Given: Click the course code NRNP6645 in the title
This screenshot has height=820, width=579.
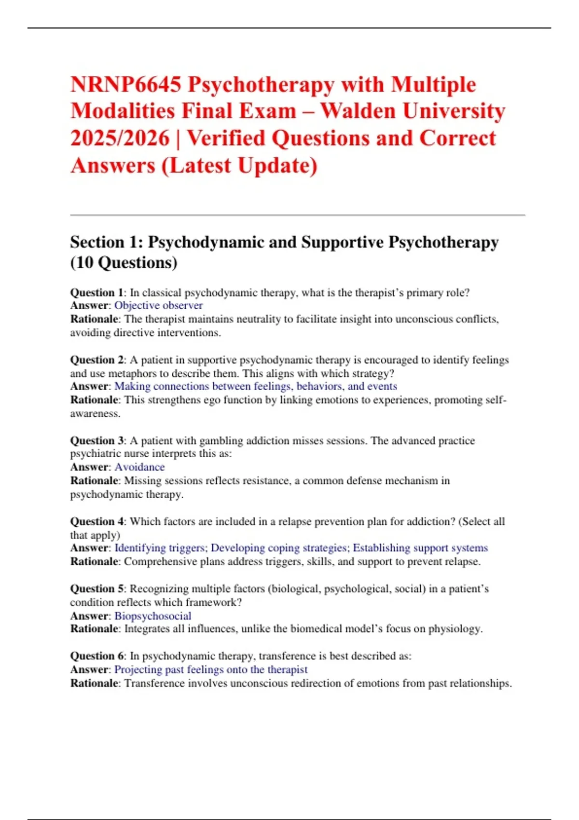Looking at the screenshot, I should coord(126,85).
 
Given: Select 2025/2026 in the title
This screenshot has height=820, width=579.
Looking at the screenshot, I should coord(120,138).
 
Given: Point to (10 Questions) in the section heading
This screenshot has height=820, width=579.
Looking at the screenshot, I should coord(124,263).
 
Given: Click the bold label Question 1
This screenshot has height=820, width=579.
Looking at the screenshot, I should coord(96,293).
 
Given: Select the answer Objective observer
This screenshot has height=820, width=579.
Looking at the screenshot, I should coord(158,306).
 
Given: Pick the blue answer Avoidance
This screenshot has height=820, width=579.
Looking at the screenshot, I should coord(139,467).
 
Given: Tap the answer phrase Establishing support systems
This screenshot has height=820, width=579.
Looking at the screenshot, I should coord(420,548).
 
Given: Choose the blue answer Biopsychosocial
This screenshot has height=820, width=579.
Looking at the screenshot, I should coord(152,616).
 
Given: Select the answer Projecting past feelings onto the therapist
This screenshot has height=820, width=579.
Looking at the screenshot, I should coord(211,670).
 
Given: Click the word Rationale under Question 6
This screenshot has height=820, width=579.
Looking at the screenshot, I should coord(94,683).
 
